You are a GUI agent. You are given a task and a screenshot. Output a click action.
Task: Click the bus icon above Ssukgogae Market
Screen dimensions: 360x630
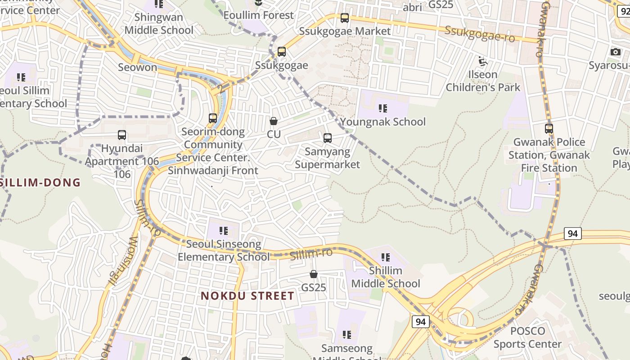345,18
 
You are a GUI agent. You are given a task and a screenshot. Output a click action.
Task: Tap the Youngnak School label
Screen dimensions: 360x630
382,122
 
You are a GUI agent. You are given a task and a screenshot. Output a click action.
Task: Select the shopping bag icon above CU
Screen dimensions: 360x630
273,121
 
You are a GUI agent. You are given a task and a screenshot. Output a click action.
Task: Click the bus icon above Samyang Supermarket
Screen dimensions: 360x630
328,138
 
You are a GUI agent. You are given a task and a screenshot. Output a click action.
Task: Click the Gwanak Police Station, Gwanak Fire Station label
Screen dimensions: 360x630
549,155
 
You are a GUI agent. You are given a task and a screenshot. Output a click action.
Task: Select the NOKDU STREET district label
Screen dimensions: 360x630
247,296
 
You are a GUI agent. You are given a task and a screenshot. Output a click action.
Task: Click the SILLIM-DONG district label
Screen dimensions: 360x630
40,182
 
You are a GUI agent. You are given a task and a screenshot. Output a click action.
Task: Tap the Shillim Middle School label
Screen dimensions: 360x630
386,277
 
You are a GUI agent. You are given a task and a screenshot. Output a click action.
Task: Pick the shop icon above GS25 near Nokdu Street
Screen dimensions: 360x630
314,274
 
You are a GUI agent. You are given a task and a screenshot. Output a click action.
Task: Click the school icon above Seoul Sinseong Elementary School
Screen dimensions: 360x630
223,231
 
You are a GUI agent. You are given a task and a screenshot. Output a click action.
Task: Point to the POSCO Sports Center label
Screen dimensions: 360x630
527,337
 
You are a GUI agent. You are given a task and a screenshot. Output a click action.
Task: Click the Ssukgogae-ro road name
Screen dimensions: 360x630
479,34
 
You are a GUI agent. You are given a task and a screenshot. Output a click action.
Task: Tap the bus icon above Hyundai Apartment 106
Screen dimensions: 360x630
121,135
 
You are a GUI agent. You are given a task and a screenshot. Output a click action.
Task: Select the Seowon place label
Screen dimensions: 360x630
137,67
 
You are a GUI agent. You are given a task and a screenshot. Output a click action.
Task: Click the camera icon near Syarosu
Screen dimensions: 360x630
616,52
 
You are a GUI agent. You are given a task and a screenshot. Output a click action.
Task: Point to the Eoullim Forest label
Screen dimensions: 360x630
258,15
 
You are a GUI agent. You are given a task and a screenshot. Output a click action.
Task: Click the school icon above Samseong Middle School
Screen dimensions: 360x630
346,334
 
